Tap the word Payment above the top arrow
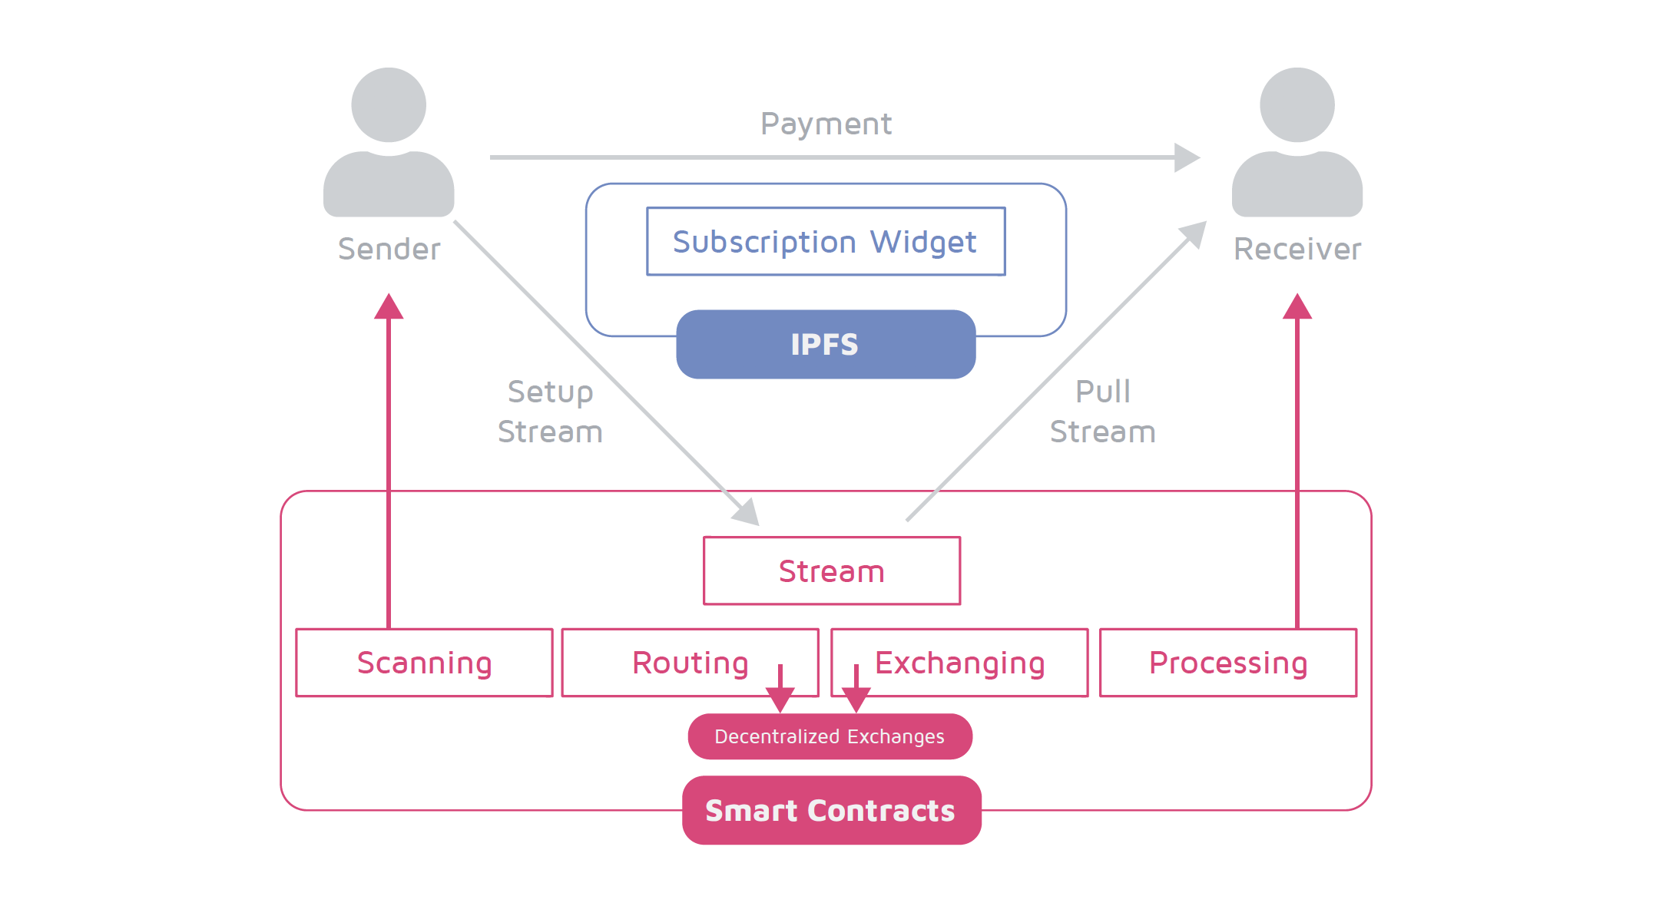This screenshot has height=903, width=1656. [826, 124]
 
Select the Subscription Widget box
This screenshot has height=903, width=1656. [826, 241]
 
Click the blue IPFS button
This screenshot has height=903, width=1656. [826, 344]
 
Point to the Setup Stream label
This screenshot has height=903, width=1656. [550, 412]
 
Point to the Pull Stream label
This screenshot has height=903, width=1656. [1102, 412]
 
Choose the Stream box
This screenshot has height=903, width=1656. [831, 571]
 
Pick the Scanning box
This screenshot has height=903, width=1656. [424, 663]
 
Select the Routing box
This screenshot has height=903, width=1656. [690, 663]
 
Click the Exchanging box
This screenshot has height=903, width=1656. [959, 663]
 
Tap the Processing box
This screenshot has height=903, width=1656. [1227, 663]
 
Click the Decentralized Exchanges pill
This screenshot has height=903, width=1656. [830, 736]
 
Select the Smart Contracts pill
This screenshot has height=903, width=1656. [831, 810]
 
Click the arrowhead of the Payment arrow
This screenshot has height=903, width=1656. [1186, 157]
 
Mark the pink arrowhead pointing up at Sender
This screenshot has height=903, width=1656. [389, 307]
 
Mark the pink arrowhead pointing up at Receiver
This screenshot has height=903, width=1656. [1297, 307]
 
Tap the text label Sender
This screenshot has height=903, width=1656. [389, 249]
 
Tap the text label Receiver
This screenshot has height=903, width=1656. [1297, 249]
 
